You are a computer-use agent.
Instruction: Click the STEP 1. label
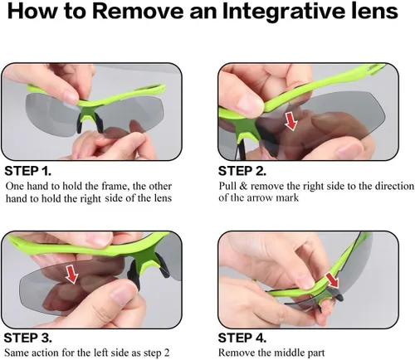click(x=28, y=171)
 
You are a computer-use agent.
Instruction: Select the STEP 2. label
click(x=242, y=171)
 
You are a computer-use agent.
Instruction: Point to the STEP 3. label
click(x=28, y=338)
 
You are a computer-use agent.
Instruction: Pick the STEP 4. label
click(x=242, y=338)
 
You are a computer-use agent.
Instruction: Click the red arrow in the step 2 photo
click(x=291, y=120)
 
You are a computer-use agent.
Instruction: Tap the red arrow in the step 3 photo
click(x=71, y=274)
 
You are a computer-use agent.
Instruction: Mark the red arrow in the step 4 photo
click(x=332, y=280)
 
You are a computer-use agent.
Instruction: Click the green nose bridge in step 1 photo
click(x=88, y=114)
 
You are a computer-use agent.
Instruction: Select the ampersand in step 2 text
click(x=243, y=186)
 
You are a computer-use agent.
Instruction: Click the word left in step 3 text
click(x=99, y=353)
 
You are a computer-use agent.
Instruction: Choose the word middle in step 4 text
click(x=286, y=353)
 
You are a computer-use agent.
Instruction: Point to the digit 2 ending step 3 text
click(x=166, y=353)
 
